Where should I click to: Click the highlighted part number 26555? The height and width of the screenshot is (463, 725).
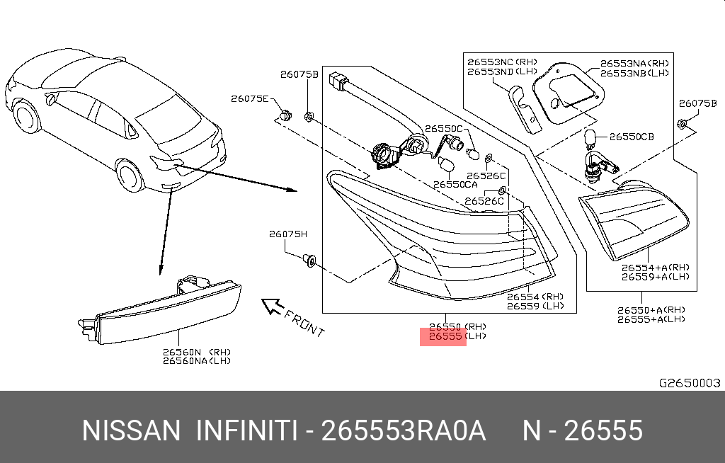point(443,337)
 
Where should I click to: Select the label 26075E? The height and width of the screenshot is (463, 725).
point(249,99)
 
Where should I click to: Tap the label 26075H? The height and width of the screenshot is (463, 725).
point(287,234)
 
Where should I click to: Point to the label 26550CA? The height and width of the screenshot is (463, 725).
point(456,184)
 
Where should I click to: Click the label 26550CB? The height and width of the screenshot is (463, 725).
point(632,137)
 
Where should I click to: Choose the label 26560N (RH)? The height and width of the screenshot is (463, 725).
point(196,352)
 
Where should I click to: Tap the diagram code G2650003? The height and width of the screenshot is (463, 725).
point(690,383)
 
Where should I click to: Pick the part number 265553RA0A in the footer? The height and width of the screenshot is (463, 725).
point(404,430)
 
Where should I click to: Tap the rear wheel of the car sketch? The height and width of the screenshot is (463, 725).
point(130,176)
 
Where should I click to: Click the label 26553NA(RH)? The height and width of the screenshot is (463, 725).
point(634,63)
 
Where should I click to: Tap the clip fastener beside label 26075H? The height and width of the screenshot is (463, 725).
point(309,261)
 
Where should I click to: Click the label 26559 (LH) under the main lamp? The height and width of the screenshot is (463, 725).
point(535,306)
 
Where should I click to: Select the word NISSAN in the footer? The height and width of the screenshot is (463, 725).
point(132,430)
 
